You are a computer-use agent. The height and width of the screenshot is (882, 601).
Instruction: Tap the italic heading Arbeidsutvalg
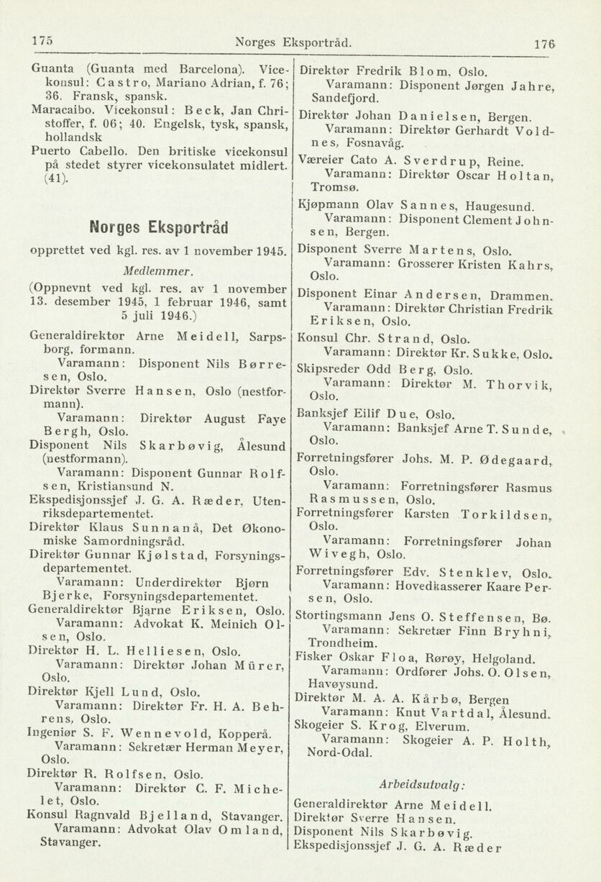423,783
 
